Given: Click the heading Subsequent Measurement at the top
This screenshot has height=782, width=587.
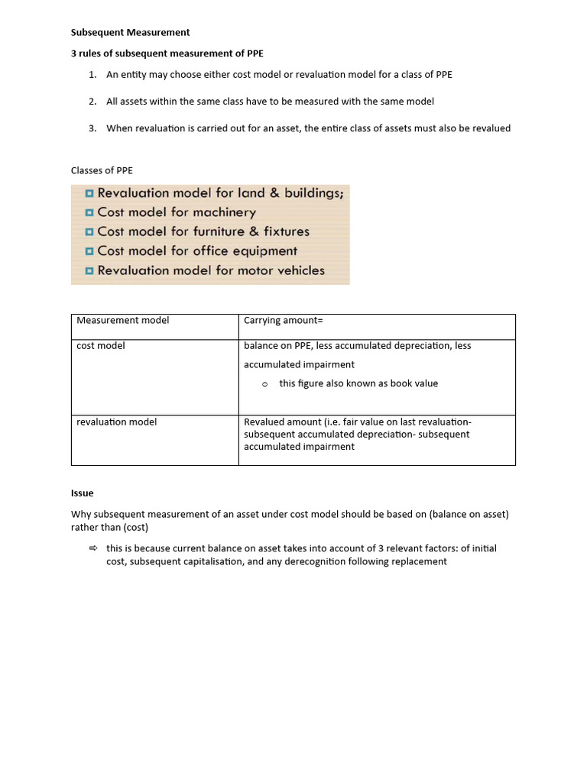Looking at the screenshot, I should point(130,33).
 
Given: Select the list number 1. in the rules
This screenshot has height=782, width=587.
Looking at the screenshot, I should point(92,75).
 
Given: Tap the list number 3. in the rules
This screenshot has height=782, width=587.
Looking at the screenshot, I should point(92,128).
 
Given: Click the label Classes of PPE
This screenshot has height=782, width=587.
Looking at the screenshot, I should point(102,170).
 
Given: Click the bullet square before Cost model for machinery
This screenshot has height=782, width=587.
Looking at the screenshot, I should point(89,213).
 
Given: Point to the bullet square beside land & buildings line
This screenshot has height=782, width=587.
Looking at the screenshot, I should point(89,194).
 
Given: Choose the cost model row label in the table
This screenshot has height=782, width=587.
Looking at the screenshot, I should point(100,346).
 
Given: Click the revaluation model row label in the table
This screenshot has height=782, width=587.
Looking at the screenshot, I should point(116,422).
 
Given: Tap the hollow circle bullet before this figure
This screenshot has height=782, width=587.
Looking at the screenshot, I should point(264,384).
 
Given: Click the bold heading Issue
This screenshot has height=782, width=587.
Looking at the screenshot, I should point(82,494).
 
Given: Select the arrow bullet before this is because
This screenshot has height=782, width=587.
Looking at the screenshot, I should point(93,548).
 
